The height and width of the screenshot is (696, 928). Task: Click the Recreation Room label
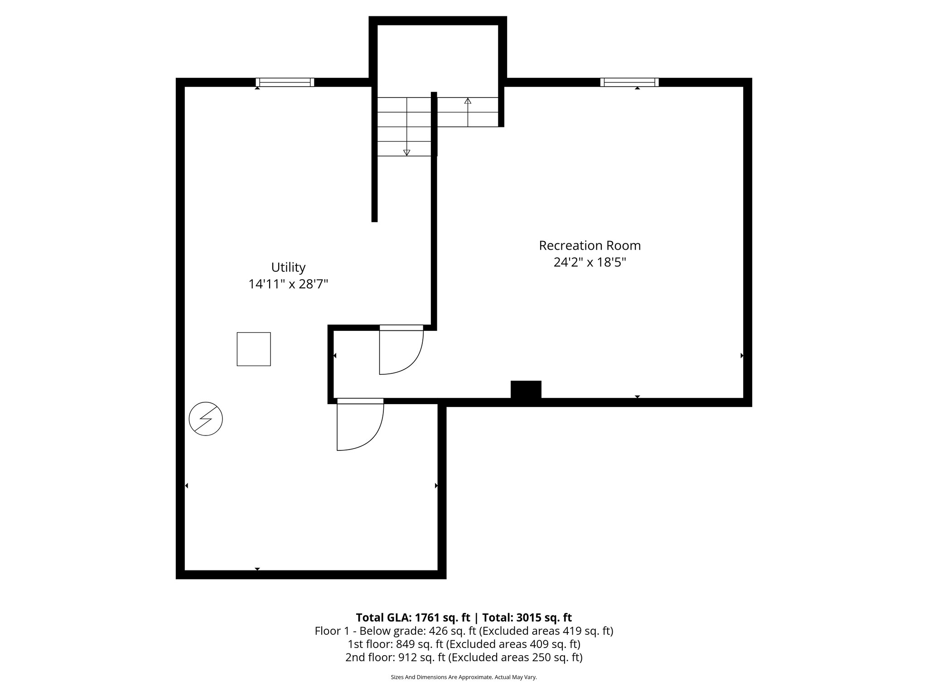pos(590,246)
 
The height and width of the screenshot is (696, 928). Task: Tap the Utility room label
pos(288,267)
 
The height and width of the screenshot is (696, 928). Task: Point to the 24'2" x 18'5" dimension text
pos(590,262)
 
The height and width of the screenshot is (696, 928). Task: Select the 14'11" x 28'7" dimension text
pos(288,284)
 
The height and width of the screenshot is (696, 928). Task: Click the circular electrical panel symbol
pos(206,419)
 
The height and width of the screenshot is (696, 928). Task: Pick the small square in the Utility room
pos(254,349)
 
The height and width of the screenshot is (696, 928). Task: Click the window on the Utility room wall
pos(285,82)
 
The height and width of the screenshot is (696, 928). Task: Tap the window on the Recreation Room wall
pos(629,82)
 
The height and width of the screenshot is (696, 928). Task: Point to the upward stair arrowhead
pos(468,101)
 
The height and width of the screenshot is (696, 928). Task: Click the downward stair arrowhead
pos(406,153)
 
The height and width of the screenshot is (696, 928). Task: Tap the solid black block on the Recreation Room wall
pos(526,390)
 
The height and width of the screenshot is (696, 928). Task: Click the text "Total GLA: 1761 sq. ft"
pos(413,618)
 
